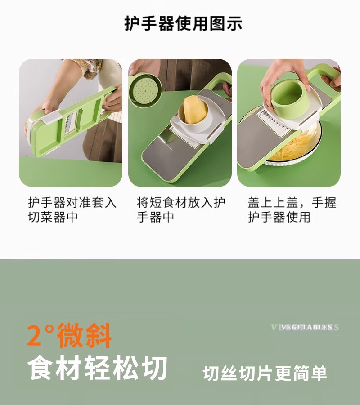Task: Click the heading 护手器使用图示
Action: (x=183, y=24)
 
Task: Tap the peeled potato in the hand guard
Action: (x=195, y=110)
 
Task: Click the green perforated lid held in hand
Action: (x=145, y=90)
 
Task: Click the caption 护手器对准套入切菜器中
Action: (x=72, y=210)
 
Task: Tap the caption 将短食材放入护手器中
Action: (x=181, y=210)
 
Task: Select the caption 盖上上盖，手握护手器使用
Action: (x=292, y=210)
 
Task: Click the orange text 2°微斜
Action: (x=69, y=335)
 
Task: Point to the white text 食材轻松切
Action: (x=97, y=368)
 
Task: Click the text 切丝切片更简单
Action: (x=265, y=374)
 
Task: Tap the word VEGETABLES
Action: (x=307, y=328)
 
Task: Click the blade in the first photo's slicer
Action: (x=70, y=122)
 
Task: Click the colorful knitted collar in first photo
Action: (x=90, y=67)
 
